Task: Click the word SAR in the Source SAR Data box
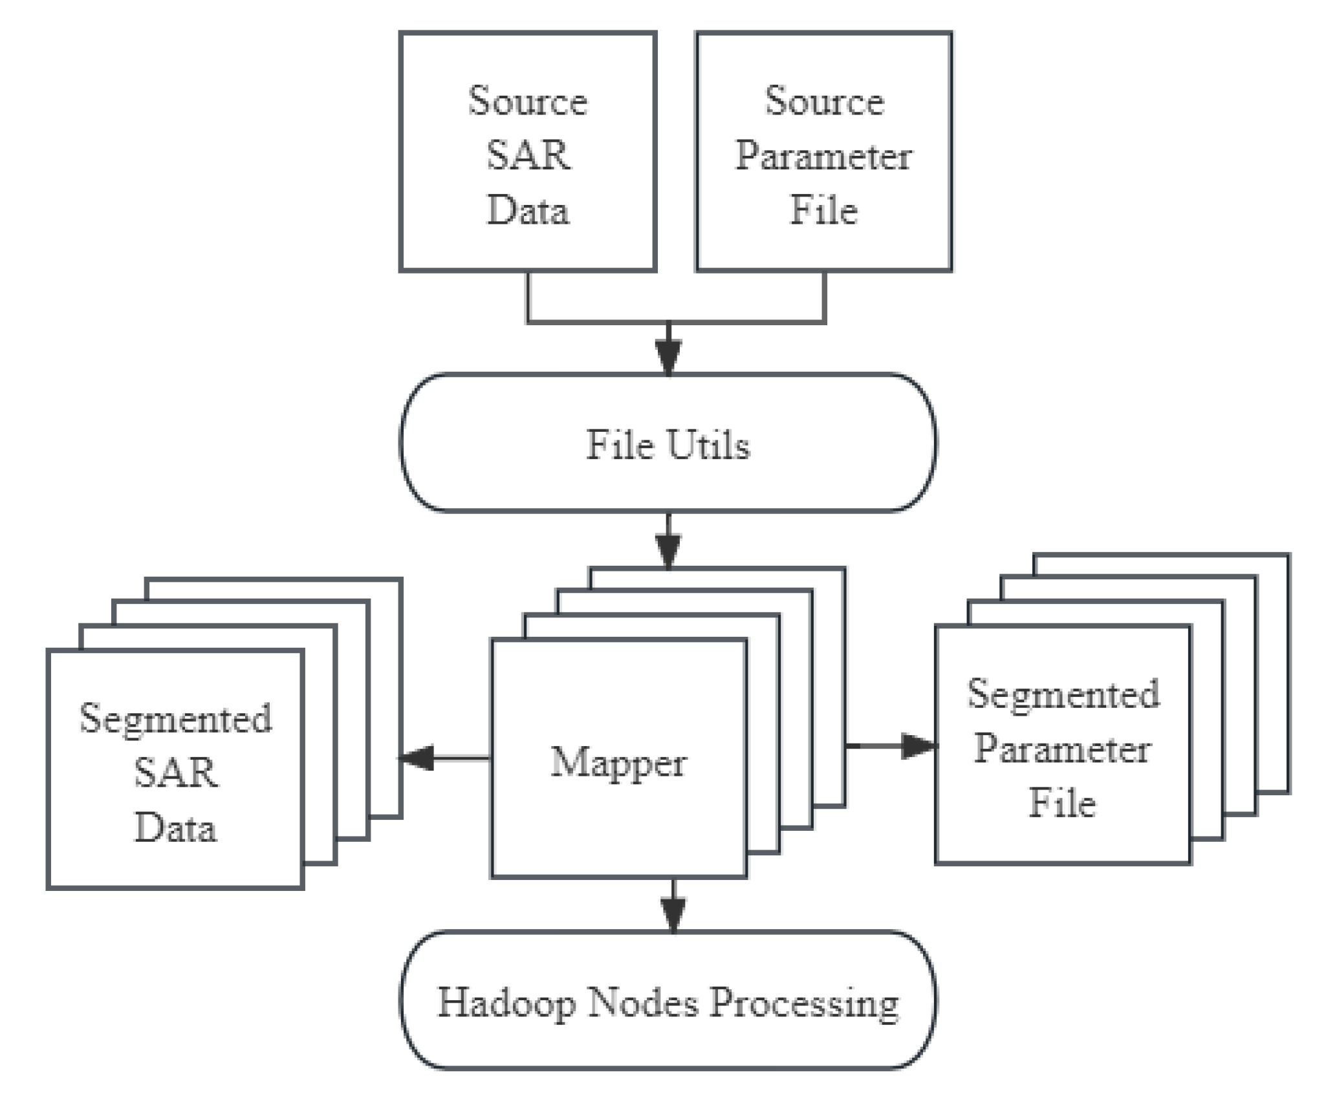point(528,156)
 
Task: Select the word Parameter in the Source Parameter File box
point(823,156)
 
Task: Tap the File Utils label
point(668,445)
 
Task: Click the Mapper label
point(618,763)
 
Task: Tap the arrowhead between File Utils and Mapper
point(668,550)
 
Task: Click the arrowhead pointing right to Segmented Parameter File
point(918,745)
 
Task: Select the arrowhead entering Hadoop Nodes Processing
point(673,914)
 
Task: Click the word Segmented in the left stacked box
point(176,718)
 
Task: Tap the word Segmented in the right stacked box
point(1063,694)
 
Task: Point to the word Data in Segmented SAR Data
point(176,828)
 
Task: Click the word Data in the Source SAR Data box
point(528,211)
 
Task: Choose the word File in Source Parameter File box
point(823,211)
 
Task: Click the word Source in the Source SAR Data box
point(528,102)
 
